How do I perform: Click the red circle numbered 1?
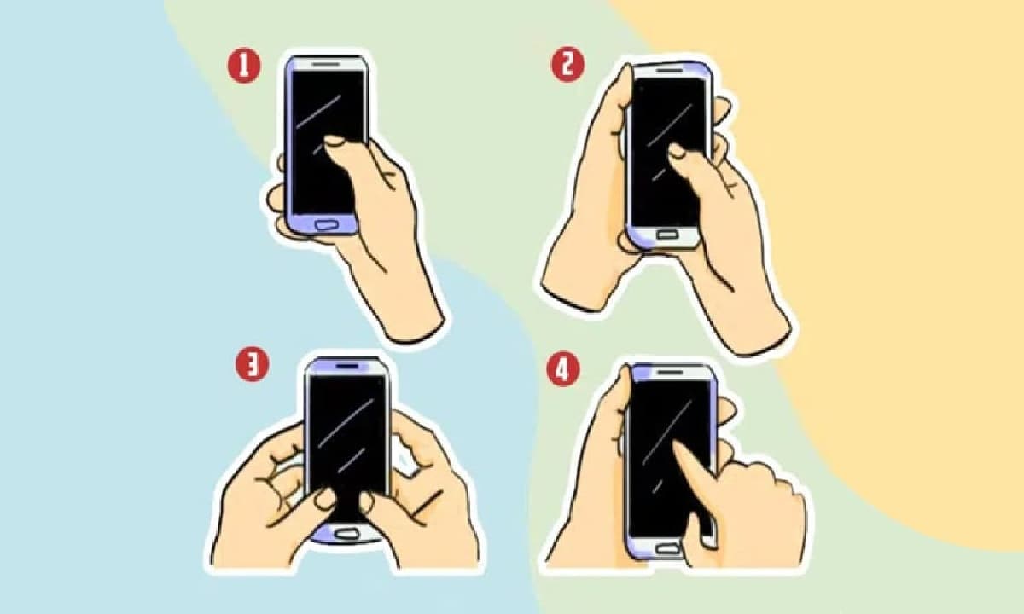point(244,66)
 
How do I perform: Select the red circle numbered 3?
point(252,365)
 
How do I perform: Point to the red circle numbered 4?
point(563,369)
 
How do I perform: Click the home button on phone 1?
point(326,224)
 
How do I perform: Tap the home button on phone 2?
point(667,235)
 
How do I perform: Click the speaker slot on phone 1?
point(326,65)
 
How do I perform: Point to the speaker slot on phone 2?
point(669,70)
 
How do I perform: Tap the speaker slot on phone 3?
point(347,366)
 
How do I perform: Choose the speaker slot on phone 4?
point(669,373)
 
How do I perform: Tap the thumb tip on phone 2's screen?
point(677,150)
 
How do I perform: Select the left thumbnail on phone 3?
point(325,498)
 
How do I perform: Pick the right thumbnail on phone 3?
point(367,501)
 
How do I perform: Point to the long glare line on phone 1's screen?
point(318,112)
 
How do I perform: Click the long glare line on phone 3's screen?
point(346,423)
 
